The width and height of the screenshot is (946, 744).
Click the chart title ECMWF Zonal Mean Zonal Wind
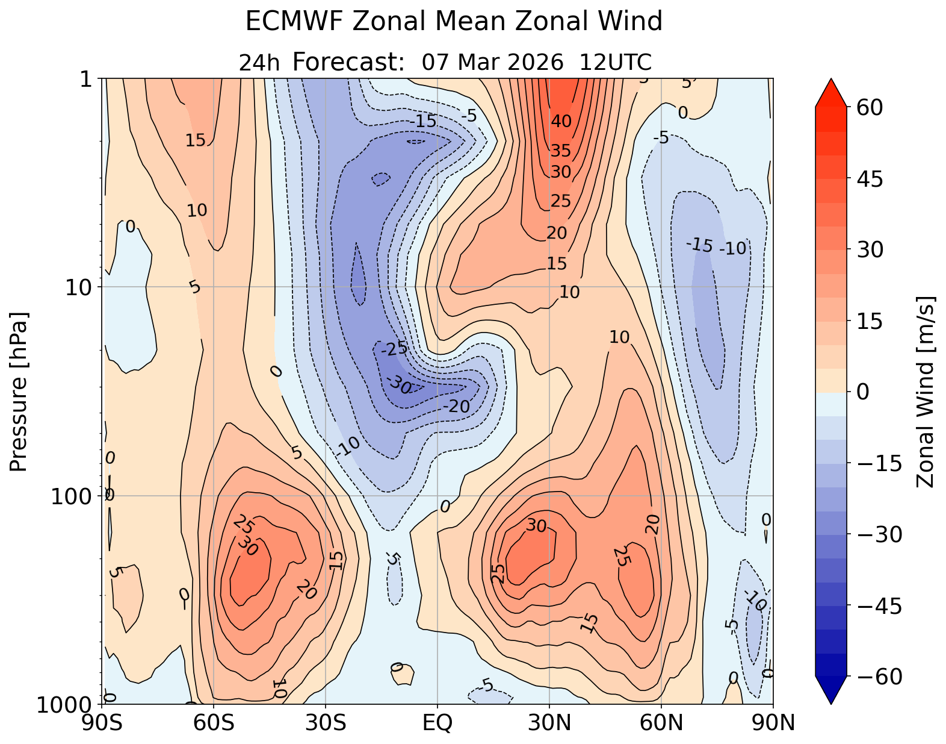pyautogui.click(x=454, y=22)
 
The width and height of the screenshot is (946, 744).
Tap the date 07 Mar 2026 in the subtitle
pyautogui.click(x=492, y=62)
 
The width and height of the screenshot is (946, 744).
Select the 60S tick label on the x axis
pyautogui.click(x=214, y=723)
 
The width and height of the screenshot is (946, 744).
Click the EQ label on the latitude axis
pyautogui.click(x=437, y=723)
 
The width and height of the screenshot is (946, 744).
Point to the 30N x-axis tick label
pyautogui.click(x=549, y=723)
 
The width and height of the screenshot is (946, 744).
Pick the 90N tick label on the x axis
pyautogui.click(x=773, y=723)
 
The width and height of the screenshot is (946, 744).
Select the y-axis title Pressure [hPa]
pyautogui.click(x=19, y=392)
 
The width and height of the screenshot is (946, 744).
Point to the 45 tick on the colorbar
pyautogui.click(x=867, y=178)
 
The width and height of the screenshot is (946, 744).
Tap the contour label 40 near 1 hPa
pyautogui.click(x=561, y=122)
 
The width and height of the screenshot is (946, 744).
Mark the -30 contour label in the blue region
pyautogui.click(x=398, y=384)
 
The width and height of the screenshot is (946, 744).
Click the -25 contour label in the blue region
pyautogui.click(x=394, y=348)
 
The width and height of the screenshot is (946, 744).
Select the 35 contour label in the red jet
pyautogui.click(x=561, y=151)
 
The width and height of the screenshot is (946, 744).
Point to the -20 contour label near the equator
pyautogui.click(x=456, y=407)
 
